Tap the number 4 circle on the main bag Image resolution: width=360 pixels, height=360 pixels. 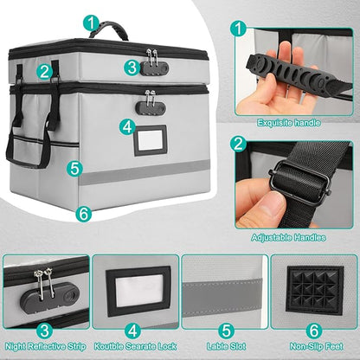pos(127,126)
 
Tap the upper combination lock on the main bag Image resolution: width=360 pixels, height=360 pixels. pos(154,60)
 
